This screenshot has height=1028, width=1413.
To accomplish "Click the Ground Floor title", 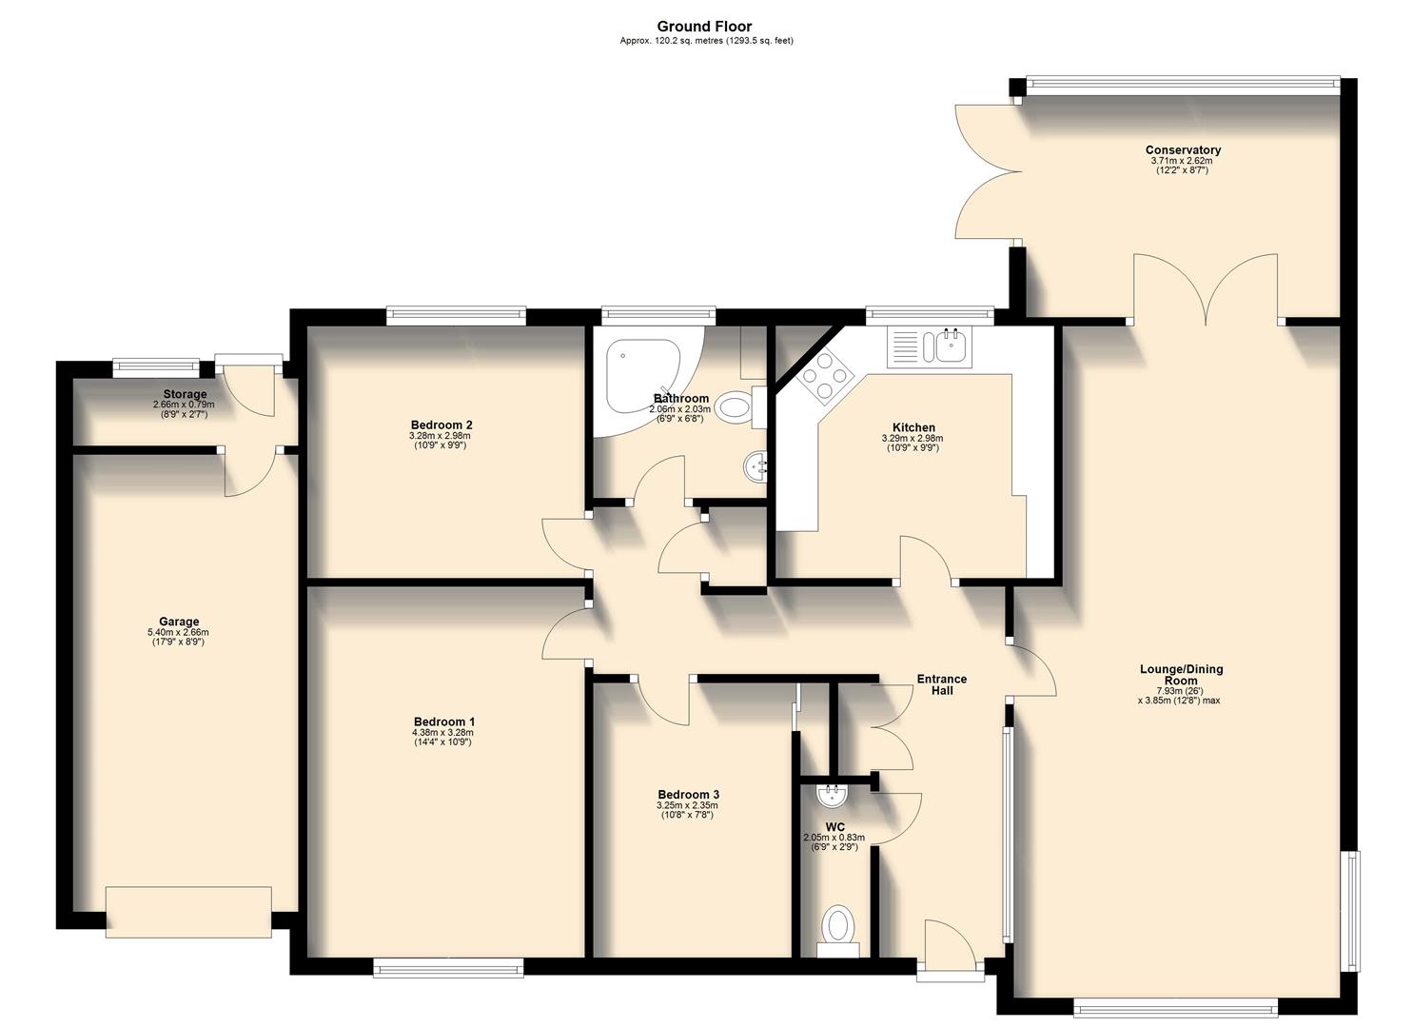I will point(704,27).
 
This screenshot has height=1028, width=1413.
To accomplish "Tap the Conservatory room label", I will point(1182,149).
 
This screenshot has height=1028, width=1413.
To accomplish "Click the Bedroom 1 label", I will point(442,722).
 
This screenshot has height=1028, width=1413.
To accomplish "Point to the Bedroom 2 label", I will point(442,425).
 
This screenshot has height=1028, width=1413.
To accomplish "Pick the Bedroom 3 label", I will point(688,795).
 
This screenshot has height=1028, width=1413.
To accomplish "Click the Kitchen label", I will point(913,427).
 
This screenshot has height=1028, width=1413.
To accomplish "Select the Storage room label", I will point(184,394).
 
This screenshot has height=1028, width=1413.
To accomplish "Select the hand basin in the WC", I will point(834,792).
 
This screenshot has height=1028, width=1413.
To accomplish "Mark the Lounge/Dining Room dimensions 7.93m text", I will point(1178,691).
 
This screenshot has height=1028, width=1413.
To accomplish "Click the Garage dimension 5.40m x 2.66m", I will point(178,632).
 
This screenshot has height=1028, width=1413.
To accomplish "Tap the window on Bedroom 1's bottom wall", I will point(448,968).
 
